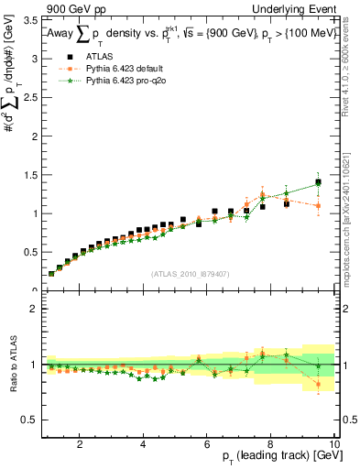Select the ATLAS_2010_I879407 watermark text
coord(190,273)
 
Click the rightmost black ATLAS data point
coord(318,182)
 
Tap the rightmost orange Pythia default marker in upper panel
coord(318,206)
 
